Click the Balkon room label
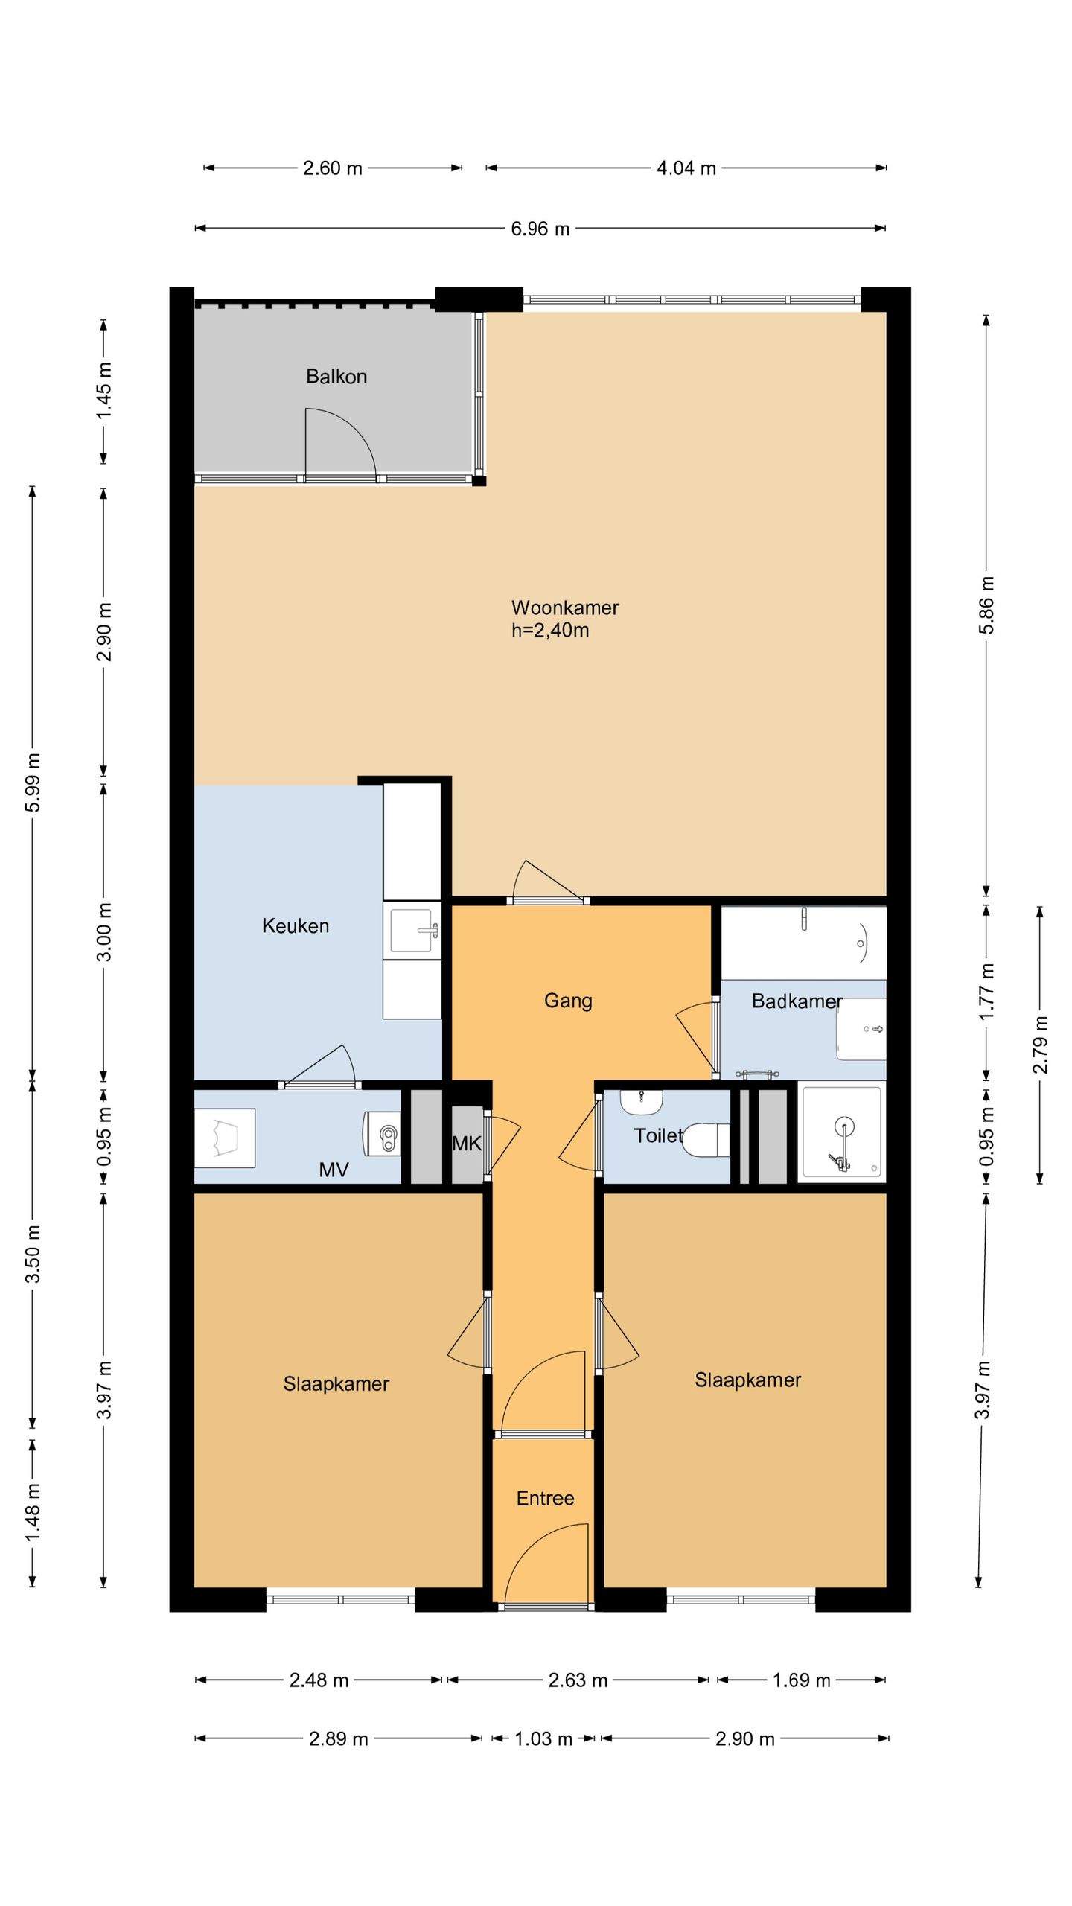[x=336, y=376]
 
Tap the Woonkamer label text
[x=565, y=608]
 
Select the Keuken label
[x=296, y=925]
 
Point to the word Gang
[x=568, y=1001]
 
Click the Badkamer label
[x=797, y=1001]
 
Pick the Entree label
[x=546, y=1498]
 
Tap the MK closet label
[x=467, y=1143]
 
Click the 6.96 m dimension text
[x=540, y=229]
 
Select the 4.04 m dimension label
[x=686, y=168]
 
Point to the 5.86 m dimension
[x=986, y=605]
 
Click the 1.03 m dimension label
[x=543, y=1738]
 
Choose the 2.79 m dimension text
[x=1040, y=1045]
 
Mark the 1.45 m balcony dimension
[x=104, y=391]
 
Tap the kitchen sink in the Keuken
[x=412, y=930]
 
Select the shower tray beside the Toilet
[x=841, y=1132]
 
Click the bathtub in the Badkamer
[x=804, y=943]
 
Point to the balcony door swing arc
[x=350, y=432]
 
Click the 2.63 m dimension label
[x=578, y=1680]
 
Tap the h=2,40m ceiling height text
[x=550, y=631]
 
